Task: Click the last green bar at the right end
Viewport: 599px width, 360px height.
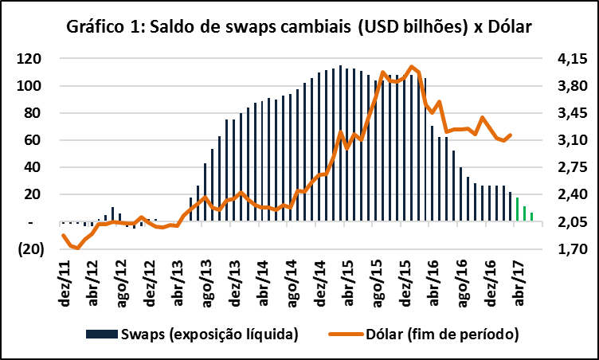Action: click(x=531, y=217)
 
